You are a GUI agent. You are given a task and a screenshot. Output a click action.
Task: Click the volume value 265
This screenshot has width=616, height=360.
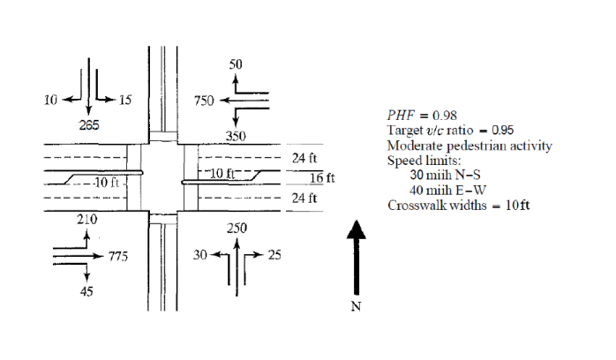pyautogui.click(x=89, y=125)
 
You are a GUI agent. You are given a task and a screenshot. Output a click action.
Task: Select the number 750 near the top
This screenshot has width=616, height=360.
pyautogui.click(x=205, y=101)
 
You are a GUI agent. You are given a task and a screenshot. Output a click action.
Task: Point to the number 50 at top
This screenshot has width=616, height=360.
pyautogui.click(x=236, y=65)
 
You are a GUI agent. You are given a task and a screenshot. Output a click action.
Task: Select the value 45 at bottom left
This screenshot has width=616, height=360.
pyautogui.click(x=87, y=292)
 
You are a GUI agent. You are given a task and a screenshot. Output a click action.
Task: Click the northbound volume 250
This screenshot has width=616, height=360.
pyautogui.click(x=237, y=229)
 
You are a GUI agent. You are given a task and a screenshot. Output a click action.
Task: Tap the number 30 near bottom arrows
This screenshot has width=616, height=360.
pyautogui.click(x=199, y=256)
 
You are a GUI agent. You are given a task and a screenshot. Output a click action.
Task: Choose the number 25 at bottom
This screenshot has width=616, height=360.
pyautogui.click(x=274, y=256)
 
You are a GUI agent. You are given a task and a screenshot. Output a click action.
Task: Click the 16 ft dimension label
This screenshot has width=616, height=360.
pyautogui.click(x=326, y=178)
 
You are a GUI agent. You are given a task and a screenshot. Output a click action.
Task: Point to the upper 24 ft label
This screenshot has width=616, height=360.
pyautogui.click(x=304, y=159)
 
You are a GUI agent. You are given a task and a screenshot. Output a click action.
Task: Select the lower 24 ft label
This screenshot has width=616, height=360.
pyautogui.click(x=304, y=198)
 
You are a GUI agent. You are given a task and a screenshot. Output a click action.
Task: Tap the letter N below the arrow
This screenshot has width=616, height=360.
pyautogui.click(x=356, y=306)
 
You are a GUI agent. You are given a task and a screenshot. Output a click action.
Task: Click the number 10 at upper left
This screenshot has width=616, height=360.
pyautogui.click(x=50, y=100)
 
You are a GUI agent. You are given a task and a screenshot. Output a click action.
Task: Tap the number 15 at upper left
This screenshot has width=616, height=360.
pyautogui.click(x=124, y=100)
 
